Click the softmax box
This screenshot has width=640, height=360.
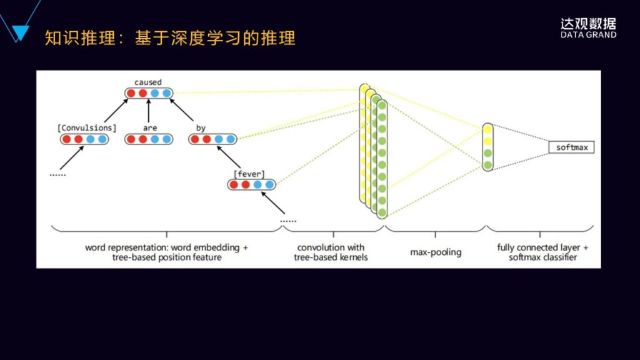click(571, 147)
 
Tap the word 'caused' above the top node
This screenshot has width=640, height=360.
click(147, 82)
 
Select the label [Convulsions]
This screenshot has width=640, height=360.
click(87, 127)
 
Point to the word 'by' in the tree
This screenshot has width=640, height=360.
click(201, 127)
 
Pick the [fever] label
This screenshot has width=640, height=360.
click(249, 173)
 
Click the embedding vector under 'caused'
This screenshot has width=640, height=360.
click(148, 94)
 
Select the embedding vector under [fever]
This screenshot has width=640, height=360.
click(252, 184)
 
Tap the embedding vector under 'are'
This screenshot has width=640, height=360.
click(148, 139)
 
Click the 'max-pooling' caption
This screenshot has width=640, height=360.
click(436, 252)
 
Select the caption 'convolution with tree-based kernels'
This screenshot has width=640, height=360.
click(331, 252)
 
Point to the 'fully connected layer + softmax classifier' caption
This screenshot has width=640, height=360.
click(542, 252)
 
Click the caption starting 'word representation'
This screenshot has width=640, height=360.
click(166, 252)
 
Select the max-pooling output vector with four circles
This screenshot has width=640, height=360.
click(487, 147)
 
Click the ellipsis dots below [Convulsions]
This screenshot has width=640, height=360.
click(57, 176)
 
